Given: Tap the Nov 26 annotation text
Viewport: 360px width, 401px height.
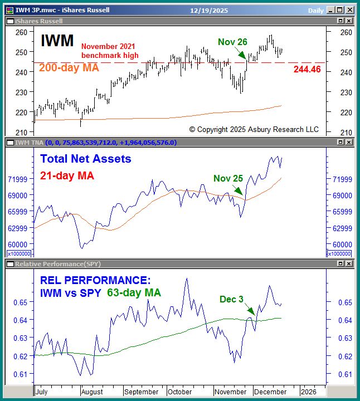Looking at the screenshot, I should pyautogui.click(x=232, y=41).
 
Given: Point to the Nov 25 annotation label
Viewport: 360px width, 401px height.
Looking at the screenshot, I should pyautogui.click(x=228, y=178).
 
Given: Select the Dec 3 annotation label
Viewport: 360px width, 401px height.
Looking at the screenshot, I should pyautogui.click(x=231, y=299).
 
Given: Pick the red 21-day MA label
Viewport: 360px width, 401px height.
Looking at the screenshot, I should pyautogui.click(x=67, y=175).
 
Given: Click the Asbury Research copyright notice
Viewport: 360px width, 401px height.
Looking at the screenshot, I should pyautogui.click(x=254, y=129).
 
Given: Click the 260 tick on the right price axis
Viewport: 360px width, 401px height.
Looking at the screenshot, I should pyautogui.click(x=346, y=32).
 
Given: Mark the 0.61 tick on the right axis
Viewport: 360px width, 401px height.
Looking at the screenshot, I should pyautogui.click(x=346, y=374).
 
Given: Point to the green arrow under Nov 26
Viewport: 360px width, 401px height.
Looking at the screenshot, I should pyautogui.click(x=241, y=53).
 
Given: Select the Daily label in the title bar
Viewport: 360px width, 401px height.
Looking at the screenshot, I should pyautogui.click(x=316, y=10).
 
